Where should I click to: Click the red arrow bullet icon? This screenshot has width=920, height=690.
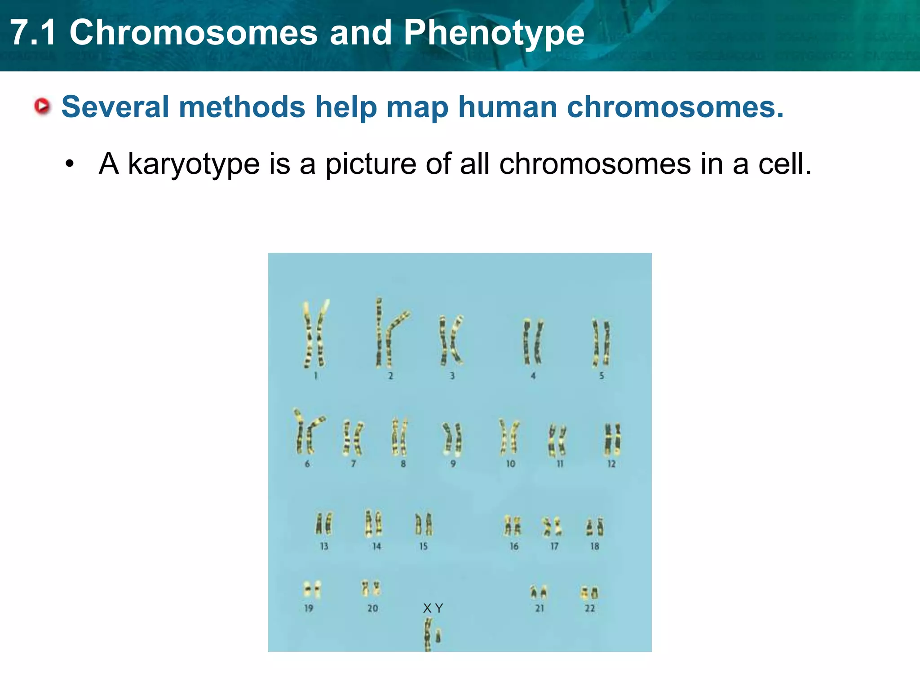coord(43,106)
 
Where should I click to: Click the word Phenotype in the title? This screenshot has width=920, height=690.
coord(494,32)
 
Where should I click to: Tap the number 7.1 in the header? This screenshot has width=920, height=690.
coord(34,32)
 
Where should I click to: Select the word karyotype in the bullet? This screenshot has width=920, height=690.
coord(194,164)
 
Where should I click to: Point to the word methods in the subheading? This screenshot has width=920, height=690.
coord(242,107)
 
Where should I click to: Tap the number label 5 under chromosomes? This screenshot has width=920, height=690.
coord(602,376)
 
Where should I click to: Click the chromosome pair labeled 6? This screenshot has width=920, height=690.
coord(308,432)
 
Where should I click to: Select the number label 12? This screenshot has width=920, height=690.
coord(611,464)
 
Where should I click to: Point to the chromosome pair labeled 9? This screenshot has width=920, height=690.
coord(452,438)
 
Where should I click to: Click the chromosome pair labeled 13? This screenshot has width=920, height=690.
coord(324,523)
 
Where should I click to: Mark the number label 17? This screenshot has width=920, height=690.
coord(554,546)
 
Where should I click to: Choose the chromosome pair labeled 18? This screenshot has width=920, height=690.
coord(594,527)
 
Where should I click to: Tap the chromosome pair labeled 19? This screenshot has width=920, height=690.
coord(312,589)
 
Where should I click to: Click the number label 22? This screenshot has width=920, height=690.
coord(590,608)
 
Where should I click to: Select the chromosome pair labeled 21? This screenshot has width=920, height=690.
coord(539,593)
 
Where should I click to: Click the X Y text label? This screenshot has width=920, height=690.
coord(433,608)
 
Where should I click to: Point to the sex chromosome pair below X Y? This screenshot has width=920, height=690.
coord(433,634)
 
